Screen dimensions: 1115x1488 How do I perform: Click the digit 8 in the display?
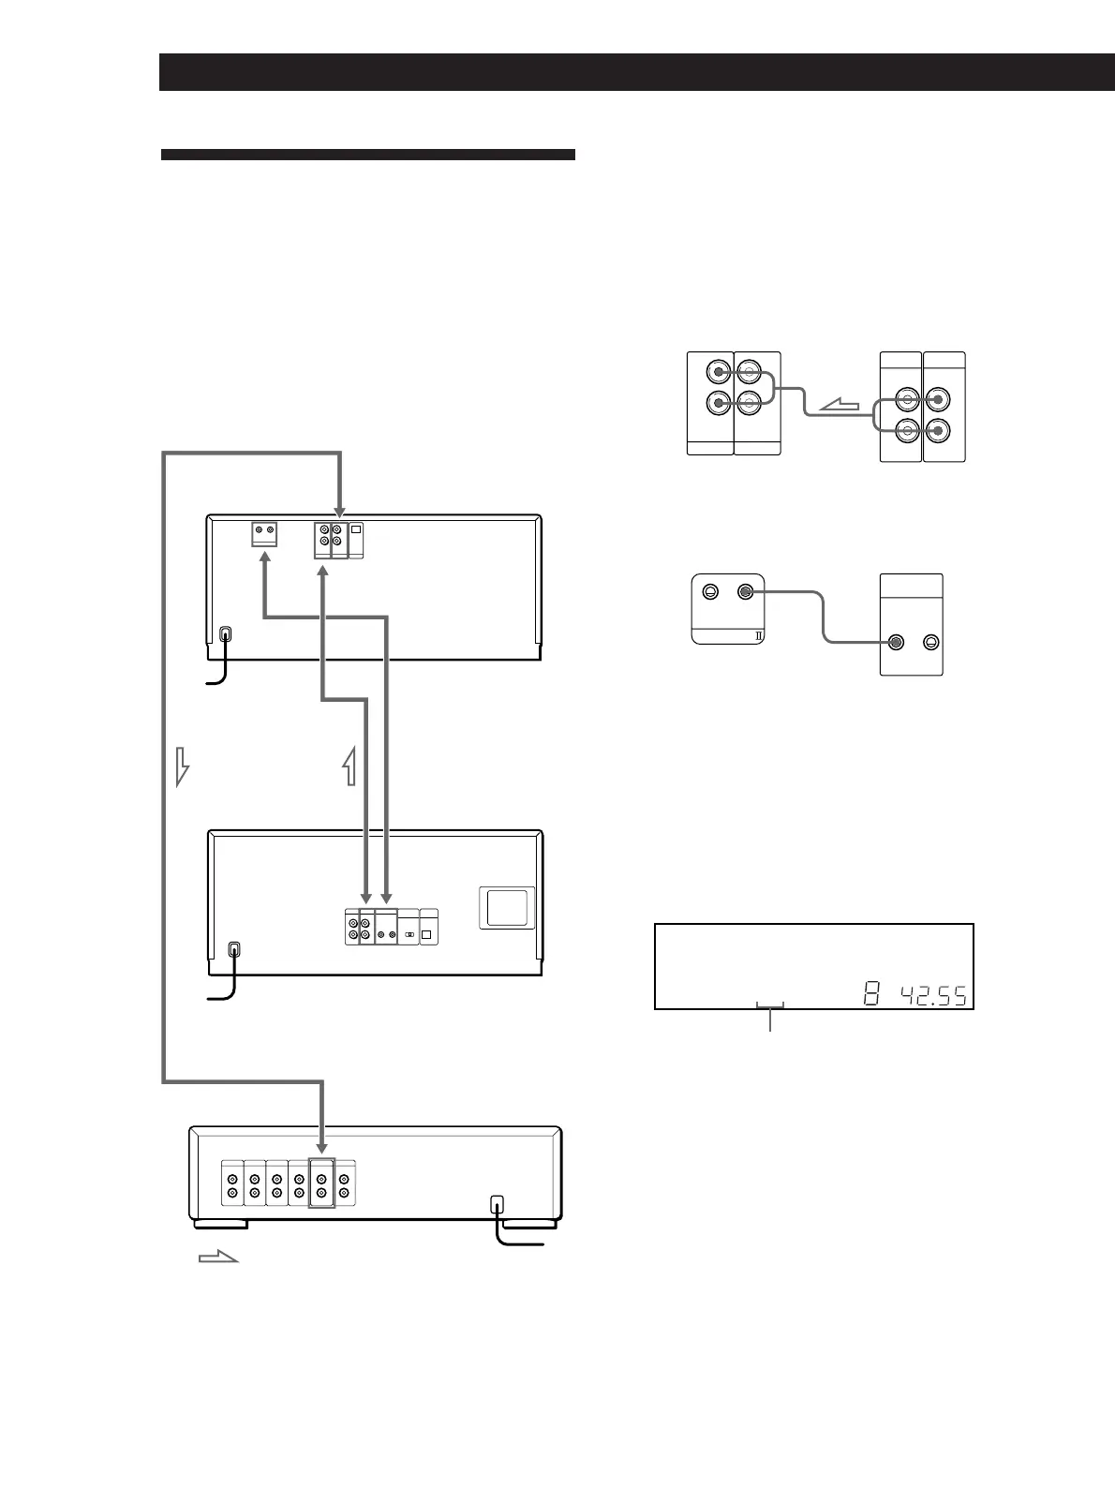pyautogui.click(x=871, y=994)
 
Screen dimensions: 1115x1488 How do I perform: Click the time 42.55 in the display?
pyautogui.click(x=933, y=995)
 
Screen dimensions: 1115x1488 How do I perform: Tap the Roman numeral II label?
pyautogui.click(x=758, y=636)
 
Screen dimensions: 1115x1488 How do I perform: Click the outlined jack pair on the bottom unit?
pyautogui.click(x=321, y=1183)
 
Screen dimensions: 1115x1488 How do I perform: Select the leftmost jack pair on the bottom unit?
pyautogui.click(x=232, y=1183)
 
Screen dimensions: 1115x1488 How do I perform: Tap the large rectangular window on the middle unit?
pyautogui.click(x=507, y=907)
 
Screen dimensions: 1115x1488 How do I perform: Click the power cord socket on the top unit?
pyautogui.click(x=226, y=634)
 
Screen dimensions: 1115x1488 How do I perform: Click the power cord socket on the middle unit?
pyautogui.click(x=234, y=950)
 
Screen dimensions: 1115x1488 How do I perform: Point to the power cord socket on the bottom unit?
pyautogui.click(x=497, y=1205)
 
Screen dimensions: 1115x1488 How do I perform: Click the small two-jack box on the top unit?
pyautogui.click(x=264, y=534)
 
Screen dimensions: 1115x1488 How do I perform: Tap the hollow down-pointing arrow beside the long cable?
pyautogui.click(x=182, y=766)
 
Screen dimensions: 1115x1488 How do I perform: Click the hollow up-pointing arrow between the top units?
pyautogui.click(x=349, y=766)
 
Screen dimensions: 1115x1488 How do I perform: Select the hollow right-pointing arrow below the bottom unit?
pyautogui.click(x=218, y=1257)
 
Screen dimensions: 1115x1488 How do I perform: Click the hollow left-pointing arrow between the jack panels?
pyautogui.click(x=840, y=406)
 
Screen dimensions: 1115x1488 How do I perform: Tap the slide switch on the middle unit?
pyautogui.click(x=409, y=935)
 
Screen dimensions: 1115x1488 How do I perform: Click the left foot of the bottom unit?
pyautogui.click(x=220, y=1225)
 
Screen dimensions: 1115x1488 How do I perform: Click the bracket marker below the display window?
pyautogui.click(x=770, y=1005)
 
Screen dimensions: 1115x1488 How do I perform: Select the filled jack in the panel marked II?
pyautogui.click(x=745, y=592)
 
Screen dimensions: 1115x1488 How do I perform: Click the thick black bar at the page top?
pyautogui.click(x=637, y=72)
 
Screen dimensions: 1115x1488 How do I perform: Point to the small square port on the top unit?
pyautogui.click(x=357, y=528)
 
